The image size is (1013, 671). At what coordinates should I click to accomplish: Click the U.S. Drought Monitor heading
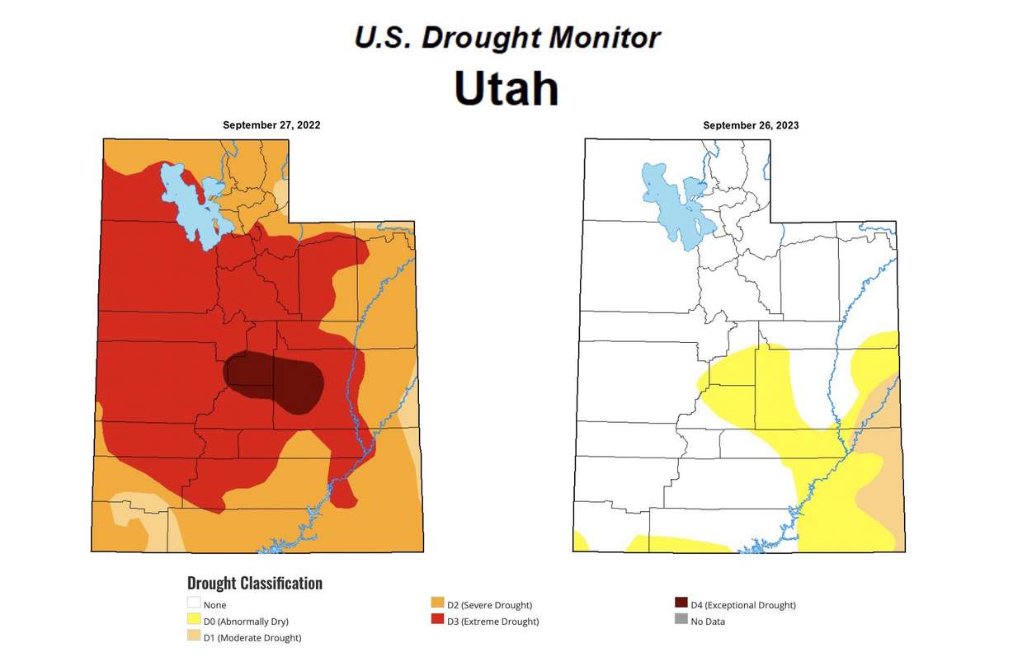(506, 37)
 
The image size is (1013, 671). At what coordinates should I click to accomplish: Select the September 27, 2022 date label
(271, 125)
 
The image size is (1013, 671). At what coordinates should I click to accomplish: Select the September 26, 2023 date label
(751, 125)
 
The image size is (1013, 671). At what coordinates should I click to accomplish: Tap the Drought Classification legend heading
(254, 584)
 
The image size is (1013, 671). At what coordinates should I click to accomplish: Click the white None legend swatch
(194, 604)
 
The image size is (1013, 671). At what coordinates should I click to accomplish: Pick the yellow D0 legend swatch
(194, 621)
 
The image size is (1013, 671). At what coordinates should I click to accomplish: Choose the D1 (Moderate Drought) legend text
(252, 637)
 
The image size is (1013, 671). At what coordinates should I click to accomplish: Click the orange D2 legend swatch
(438, 604)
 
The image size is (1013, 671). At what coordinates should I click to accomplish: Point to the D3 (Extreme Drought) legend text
(492, 621)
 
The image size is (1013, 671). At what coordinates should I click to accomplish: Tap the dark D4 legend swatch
(681, 604)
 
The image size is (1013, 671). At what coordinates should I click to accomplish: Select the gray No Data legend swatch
(681, 621)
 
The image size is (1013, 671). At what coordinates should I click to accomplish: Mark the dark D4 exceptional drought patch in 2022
(276, 381)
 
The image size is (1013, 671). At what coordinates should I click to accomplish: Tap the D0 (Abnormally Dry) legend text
(246, 621)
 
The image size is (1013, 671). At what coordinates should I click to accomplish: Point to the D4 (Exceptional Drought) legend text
(743, 604)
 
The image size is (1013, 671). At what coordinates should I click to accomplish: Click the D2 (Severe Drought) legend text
(489, 604)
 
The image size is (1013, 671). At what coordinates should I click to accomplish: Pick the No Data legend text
(708, 621)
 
